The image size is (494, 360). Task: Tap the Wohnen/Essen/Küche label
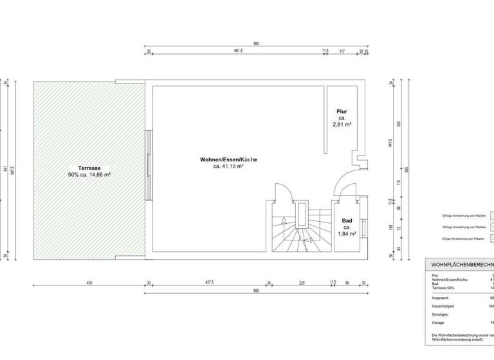[228, 159]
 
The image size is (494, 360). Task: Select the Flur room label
[342, 112]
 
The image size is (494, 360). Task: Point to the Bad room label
[346, 221]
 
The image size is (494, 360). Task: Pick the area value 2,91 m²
[342, 126]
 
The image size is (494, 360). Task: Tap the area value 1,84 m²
[347, 235]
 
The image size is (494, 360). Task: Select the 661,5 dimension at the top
[237, 51]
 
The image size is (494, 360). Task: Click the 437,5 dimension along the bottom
[209, 283]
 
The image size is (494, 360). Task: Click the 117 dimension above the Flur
[342, 51]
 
